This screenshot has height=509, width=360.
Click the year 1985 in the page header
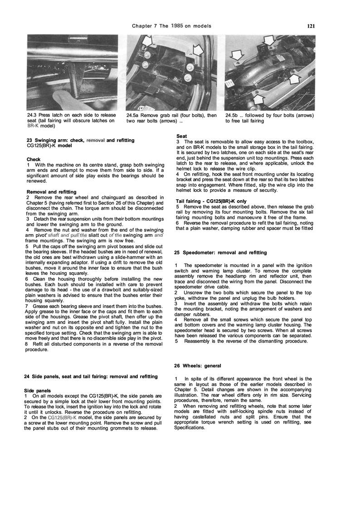click(177, 26)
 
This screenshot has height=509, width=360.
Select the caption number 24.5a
click(134, 116)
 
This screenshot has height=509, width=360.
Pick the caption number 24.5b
click(233, 116)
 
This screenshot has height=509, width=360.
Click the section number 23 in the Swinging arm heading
click(29, 141)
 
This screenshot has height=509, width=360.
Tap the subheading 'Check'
click(34, 159)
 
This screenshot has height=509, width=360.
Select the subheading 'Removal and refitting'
click(51, 192)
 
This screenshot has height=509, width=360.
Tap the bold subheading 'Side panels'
click(38, 390)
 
